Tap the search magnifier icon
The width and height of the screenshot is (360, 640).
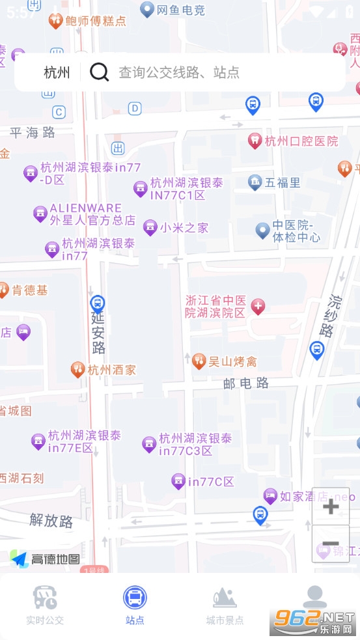pos(99,72)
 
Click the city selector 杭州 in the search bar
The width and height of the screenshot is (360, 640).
pos(57,72)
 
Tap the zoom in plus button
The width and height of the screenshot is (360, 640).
pos(331,507)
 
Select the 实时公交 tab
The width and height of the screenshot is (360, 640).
pos(45,605)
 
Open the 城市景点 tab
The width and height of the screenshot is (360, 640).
pos(225,605)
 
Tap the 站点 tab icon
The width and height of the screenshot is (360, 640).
pos(135,597)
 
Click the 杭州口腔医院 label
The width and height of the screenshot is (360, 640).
pos(301,141)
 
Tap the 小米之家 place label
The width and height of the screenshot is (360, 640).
pos(184,228)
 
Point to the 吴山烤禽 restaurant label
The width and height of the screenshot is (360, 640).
pos(232,361)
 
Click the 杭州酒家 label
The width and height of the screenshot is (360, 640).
pos(111,370)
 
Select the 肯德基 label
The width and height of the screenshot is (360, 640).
pos(30,290)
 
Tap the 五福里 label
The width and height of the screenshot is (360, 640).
pos(283,183)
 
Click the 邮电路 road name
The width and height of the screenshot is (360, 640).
pos(246,383)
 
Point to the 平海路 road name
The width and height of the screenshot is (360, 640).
pos(33,133)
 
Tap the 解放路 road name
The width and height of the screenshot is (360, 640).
pos(51,520)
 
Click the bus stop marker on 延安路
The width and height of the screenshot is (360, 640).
pos(97,303)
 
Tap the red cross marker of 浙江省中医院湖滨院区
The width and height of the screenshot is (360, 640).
pos(258,306)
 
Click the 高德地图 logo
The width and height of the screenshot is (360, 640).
pos(46,559)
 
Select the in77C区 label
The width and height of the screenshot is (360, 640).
pos(210,482)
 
